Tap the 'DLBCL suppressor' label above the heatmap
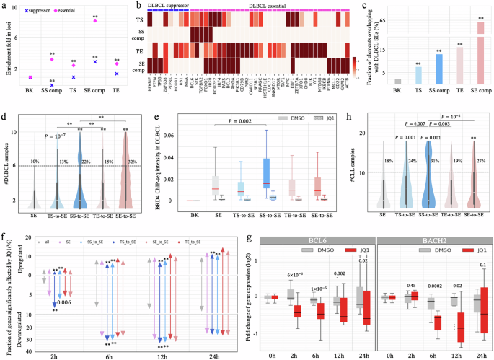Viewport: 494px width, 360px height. (x=165, y=6)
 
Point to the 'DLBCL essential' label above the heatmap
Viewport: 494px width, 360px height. (x=289, y=6)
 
